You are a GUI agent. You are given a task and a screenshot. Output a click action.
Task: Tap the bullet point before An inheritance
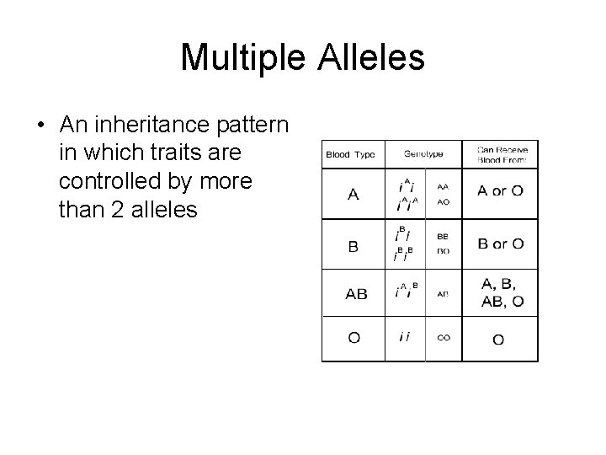click(40, 126)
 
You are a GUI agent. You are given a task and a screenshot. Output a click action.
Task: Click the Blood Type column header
click(352, 155)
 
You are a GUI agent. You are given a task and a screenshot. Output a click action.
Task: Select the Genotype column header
click(424, 155)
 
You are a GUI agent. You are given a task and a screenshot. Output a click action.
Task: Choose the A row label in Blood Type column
click(353, 195)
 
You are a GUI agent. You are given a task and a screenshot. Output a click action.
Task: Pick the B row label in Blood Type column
click(353, 247)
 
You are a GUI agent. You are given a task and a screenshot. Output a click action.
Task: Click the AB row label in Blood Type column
click(356, 294)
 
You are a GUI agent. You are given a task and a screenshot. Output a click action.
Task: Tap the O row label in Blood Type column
click(354, 338)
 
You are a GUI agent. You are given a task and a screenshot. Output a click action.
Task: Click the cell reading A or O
click(500, 190)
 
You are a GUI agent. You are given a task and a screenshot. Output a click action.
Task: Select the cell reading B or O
click(500, 244)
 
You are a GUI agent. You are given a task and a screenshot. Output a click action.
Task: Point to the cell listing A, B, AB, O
click(502, 292)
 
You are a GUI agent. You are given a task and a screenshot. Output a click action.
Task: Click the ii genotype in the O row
click(405, 338)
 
